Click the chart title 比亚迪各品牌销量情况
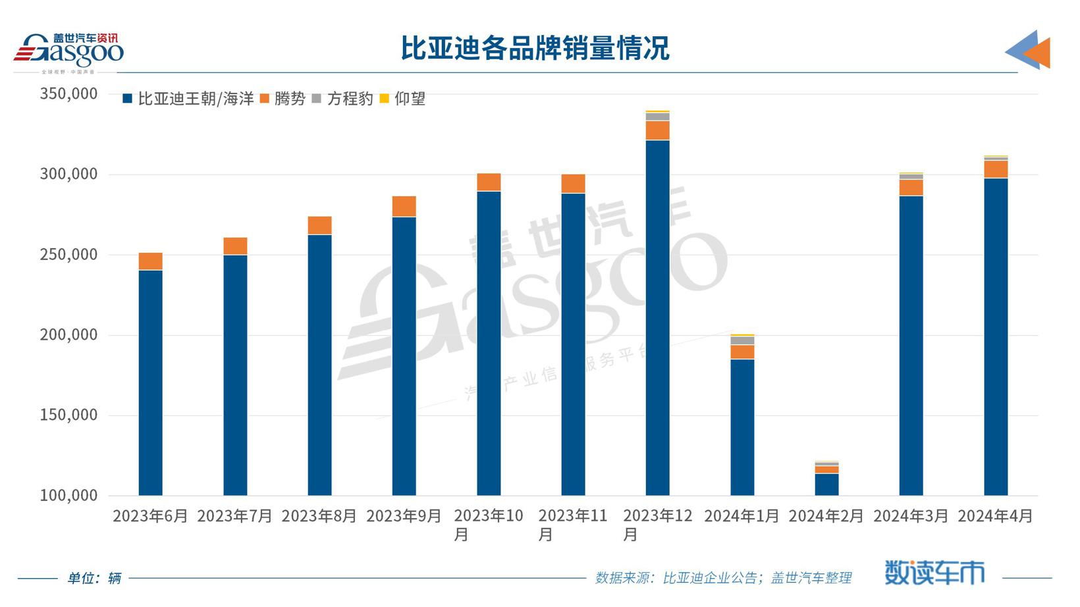(535, 49)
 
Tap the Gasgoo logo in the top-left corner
(69, 51)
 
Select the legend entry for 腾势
(283, 99)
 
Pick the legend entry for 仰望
(403, 99)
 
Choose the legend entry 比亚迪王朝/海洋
(189, 99)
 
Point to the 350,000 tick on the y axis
(68, 93)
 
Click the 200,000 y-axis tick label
(68, 334)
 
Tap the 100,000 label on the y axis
(68, 495)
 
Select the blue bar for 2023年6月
(150, 382)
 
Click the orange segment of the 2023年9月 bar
(404, 207)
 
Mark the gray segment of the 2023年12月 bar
(657, 117)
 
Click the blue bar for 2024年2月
(826, 485)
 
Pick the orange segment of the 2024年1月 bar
(742, 352)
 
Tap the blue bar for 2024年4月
(996, 336)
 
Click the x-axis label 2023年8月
(319, 516)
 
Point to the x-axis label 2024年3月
(911, 516)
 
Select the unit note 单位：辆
(94, 578)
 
